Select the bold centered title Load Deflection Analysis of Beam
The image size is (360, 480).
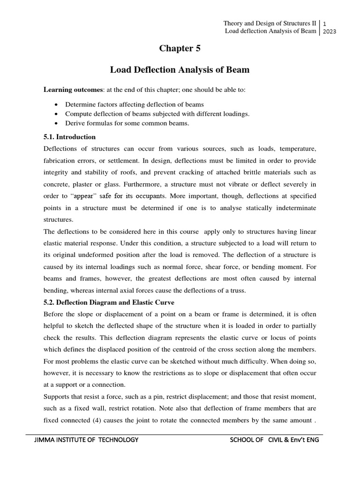[x=180, y=70]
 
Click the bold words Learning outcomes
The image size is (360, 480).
[x=73, y=90]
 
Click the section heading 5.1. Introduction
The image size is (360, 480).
[x=69, y=137]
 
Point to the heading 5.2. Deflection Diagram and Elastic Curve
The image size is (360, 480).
[x=109, y=302]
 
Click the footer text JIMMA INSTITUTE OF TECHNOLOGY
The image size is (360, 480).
[x=86, y=440]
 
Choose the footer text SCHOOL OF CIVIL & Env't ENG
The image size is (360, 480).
[x=274, y=440]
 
